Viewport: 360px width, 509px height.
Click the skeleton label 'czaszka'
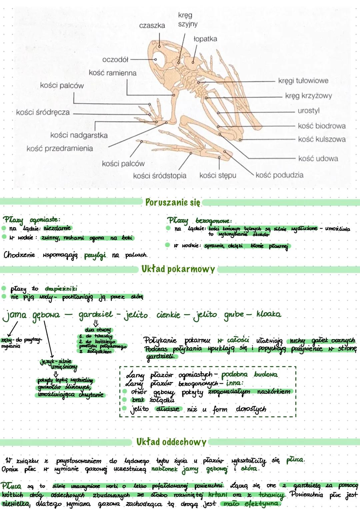[x=152, y=26]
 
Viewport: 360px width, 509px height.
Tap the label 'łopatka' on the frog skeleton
[x=205, y=39]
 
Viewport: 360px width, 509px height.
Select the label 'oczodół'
[x=115, y=60]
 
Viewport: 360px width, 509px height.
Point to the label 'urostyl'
[x=308, y=111]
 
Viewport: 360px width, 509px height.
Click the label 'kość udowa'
[x=318, y=159]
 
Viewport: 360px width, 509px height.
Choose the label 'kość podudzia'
[x=279, y=175]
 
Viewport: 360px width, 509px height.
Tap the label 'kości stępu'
[x=218, y=175]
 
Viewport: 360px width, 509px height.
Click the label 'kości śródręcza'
[x=43, y=112]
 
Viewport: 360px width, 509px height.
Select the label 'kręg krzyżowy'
[x=308, y=96]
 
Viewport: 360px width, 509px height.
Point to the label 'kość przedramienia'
[x=60, y=149]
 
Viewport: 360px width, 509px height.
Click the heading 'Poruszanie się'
[x=173, y=202]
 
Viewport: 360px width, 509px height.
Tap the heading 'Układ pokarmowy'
[x=178, y=269]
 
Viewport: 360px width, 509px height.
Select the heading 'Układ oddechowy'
[x=171, y=442]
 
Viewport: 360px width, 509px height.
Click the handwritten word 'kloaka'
[x=269, y=314]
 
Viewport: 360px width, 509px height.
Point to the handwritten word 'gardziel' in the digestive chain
[x=95, y=315]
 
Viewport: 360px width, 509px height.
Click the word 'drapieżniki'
[x=61, y=288]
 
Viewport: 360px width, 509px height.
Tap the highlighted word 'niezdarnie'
[x=57, y=228]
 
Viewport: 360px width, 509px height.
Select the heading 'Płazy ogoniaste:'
[x=32, y=220]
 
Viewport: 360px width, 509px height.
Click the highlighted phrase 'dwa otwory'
[x=97, y=330]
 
